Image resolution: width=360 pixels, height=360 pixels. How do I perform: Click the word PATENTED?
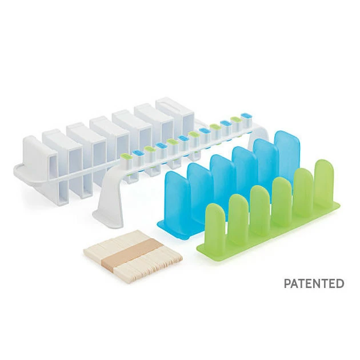(314, 283)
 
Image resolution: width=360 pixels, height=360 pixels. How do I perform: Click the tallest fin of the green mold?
(324, 180)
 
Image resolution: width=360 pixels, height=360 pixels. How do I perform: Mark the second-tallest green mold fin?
(303, 189)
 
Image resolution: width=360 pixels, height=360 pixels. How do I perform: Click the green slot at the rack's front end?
(126, 157)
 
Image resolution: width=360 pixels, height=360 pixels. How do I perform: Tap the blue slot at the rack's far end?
(246, 115)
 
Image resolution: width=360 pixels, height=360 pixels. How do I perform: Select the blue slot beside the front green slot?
(138, 153)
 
